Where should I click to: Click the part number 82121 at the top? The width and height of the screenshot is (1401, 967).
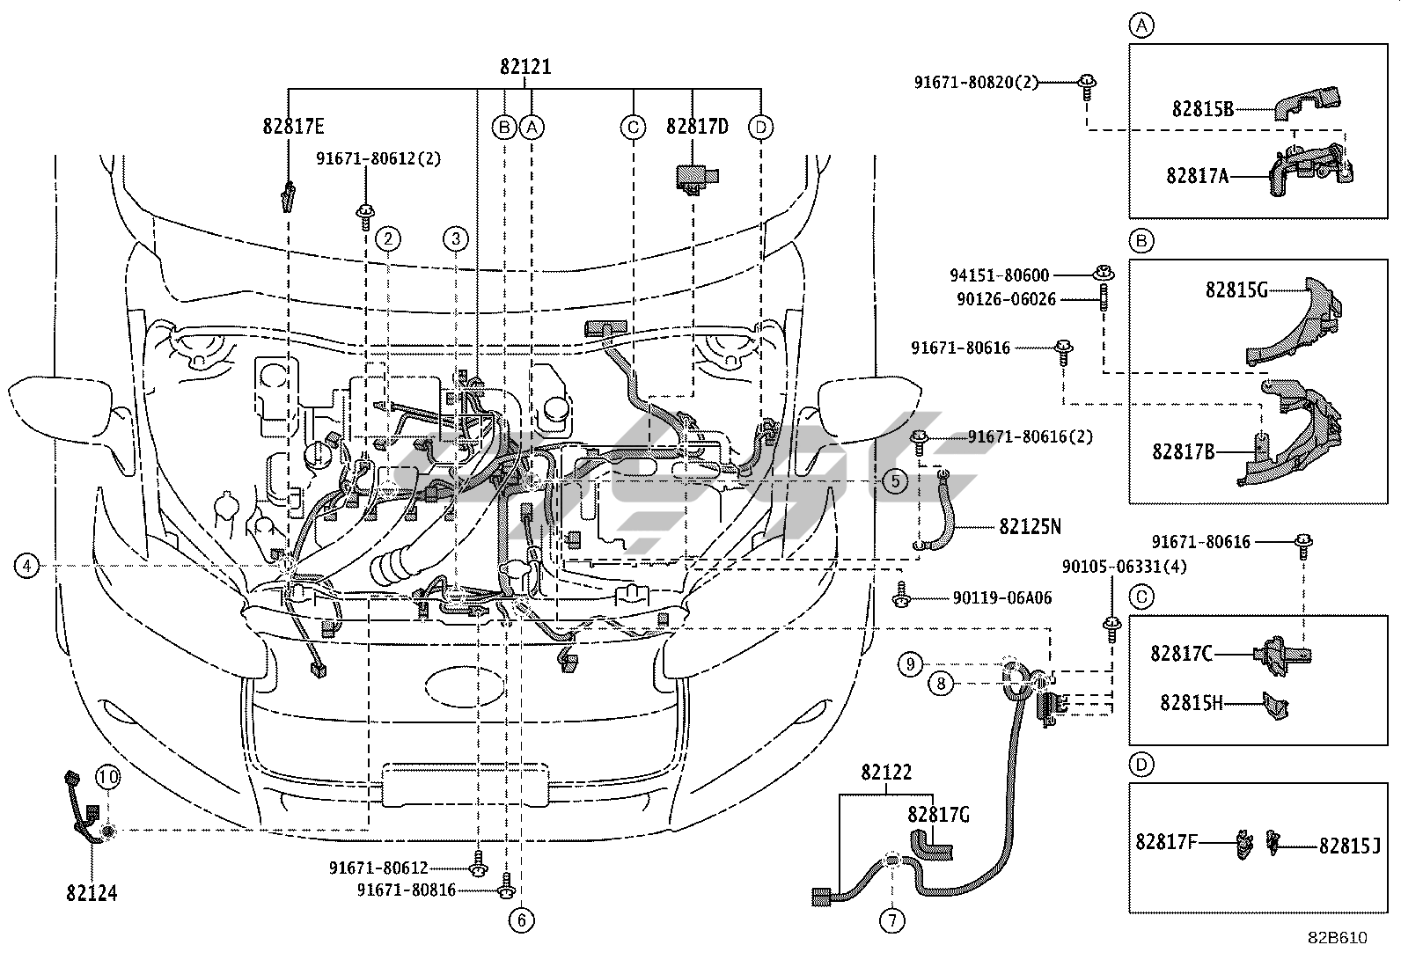pyautogui.click(x=525, y=66)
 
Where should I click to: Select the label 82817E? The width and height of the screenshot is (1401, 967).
pyautogui.click(x=293, y=127)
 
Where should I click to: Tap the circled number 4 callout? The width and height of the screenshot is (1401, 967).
pyautogui.click(x=26, y=566)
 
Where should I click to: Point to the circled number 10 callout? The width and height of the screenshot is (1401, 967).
pyautogui.click(x=107, y=778)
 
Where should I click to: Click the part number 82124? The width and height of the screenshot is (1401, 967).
pyautogui.click(x=92, y=892)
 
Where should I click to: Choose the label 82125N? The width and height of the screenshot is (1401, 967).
pyautogui.click(x=1030, y=527)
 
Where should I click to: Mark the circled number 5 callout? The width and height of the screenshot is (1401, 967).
pyautogui.click(x=896, y=481)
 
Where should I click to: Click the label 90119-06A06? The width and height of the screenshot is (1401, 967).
pyautogui.click(x=1002, y=598)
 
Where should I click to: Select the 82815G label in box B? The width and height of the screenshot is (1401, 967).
pyautogui.click(x=1236, y=290)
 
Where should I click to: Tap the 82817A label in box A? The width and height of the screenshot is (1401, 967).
pyautogui.click(x=1197, y=176)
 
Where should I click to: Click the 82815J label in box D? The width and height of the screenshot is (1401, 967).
pyautogui.click(x=1350, y=846)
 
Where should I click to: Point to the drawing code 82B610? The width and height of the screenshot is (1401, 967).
pyautogui.click(x=1338, y=938)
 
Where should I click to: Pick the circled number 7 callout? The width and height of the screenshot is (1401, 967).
pyautogui.click(x=891, y=920)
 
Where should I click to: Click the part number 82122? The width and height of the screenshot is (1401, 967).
pyautogui.click(x=886, y=773)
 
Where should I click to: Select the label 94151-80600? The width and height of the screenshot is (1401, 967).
pyautogui.click(x=1000, y=275)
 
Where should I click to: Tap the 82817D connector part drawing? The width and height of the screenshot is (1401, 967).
pyautogui.click(x=696, y=179)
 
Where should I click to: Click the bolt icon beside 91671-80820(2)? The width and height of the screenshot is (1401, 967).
pyautogui.click(x=1088, y=87)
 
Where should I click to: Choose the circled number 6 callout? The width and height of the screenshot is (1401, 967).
pyautogui.click(x=522, y=920)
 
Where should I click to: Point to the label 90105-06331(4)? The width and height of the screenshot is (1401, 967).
pyautogui.click(x=1124, y=567)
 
